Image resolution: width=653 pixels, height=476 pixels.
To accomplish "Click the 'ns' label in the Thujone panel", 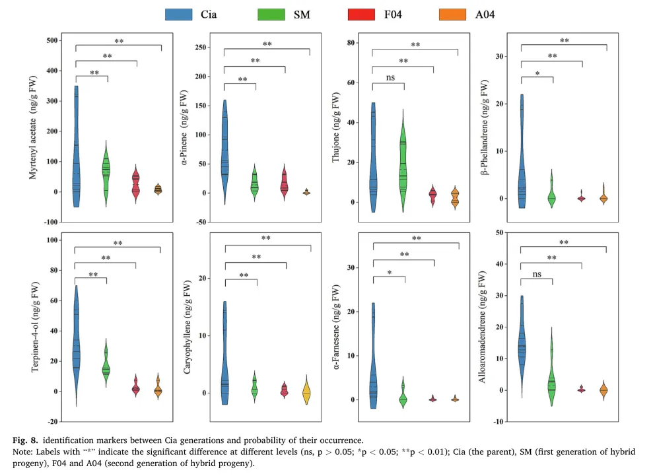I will coord(390,77).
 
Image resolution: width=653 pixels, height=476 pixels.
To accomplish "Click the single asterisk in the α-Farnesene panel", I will coord(390,271).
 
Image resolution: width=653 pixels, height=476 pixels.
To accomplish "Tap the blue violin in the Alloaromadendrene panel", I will coord(522,343).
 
